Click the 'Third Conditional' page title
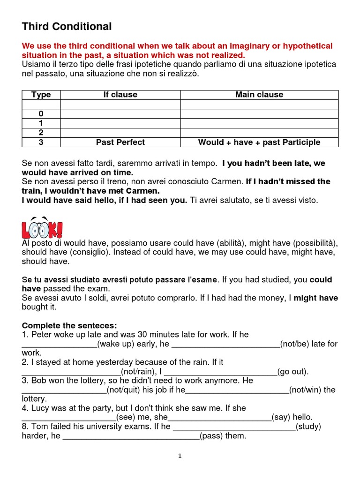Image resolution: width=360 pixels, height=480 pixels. (67, 27)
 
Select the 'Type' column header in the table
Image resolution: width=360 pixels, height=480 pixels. (41, 95)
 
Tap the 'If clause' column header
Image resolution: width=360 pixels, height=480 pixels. (120, 95)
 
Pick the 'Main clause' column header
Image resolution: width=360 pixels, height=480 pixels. (259, 95)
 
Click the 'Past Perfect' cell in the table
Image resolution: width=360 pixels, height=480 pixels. (120, 142)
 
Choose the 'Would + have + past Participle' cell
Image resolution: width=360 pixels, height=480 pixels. (259, 142)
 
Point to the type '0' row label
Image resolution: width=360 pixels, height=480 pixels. (41, 114)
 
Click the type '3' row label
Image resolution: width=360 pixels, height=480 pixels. (41, 142)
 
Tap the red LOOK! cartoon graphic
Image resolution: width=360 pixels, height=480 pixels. (42, 228)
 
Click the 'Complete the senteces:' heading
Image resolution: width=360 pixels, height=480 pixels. (69, 325)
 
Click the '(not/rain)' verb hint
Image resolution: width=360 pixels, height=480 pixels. (136, 372)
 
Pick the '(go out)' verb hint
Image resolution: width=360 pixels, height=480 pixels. (293, 372)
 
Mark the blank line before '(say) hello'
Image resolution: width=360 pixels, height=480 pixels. (220, 418)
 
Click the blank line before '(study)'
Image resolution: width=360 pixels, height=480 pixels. (234, 427)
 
